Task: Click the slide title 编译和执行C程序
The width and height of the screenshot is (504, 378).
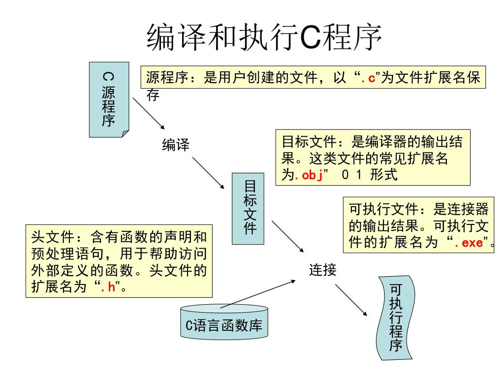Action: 265,38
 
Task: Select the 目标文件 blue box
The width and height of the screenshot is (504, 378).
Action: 248,208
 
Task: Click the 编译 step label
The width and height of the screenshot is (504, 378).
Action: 176,145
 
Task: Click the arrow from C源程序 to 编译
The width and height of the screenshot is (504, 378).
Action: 149,113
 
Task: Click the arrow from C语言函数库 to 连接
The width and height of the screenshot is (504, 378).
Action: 258,294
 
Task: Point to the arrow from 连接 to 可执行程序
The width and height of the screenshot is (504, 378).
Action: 351,300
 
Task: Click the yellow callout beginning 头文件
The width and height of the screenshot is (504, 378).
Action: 119,261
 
